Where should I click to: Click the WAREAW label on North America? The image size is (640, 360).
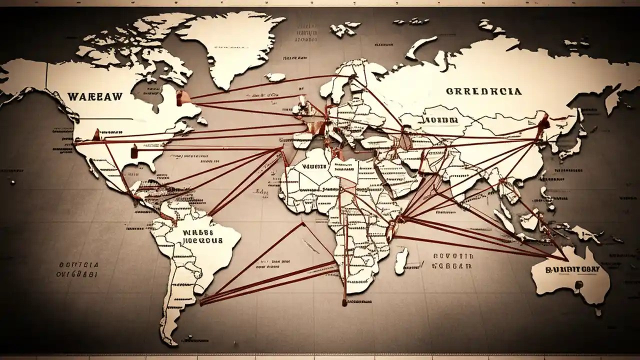point(94,96)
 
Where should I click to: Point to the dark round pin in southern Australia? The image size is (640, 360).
point(578,284)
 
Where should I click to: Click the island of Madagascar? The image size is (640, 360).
point(401,261)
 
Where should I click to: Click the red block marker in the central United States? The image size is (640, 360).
point(133,150)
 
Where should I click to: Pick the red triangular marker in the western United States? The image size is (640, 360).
point(96,135)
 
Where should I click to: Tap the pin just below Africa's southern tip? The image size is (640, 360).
point(344,302)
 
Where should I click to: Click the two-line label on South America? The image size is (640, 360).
point(198,236)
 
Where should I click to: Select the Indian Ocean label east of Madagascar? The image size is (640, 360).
point(451,261)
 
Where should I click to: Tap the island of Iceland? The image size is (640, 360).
point(275,77)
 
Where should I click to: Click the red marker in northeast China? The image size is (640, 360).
point(544,121)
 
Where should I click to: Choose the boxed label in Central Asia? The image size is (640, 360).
point(440,121)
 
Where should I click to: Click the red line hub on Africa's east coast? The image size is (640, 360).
point(400,219)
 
